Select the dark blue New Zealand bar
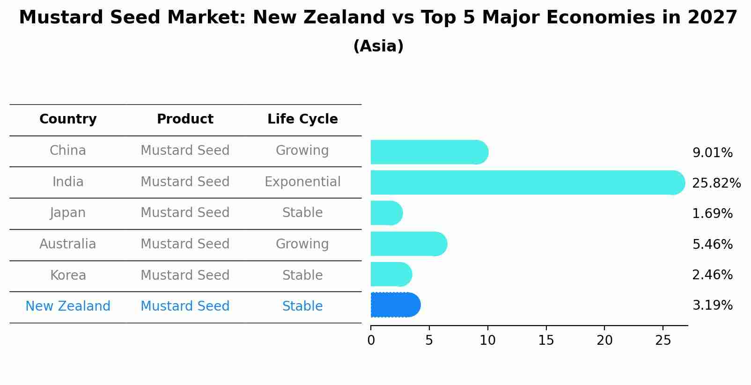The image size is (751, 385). tap(395, 305)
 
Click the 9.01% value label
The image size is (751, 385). tap(712, 153)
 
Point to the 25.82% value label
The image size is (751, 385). tap(716, 183)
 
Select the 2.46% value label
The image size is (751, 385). tap(712, 275)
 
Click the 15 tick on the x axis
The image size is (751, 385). tap(546, 341)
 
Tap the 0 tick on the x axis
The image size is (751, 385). tap(371, 341)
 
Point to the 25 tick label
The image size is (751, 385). tap(663, 341)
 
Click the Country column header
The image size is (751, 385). tap(68, 119)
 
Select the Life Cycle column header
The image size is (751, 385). tap(302, 119)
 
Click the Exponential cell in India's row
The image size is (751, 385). tap(302, 182)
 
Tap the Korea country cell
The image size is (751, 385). tap(68, 275)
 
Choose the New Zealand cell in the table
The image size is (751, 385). tap(68, 306)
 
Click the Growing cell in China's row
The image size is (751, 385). tap(302, 151)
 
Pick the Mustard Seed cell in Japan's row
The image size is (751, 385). tap(185, 213)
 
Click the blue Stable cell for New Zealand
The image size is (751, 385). tap(302, 306)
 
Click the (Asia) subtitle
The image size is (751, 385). tap(378, 46)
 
